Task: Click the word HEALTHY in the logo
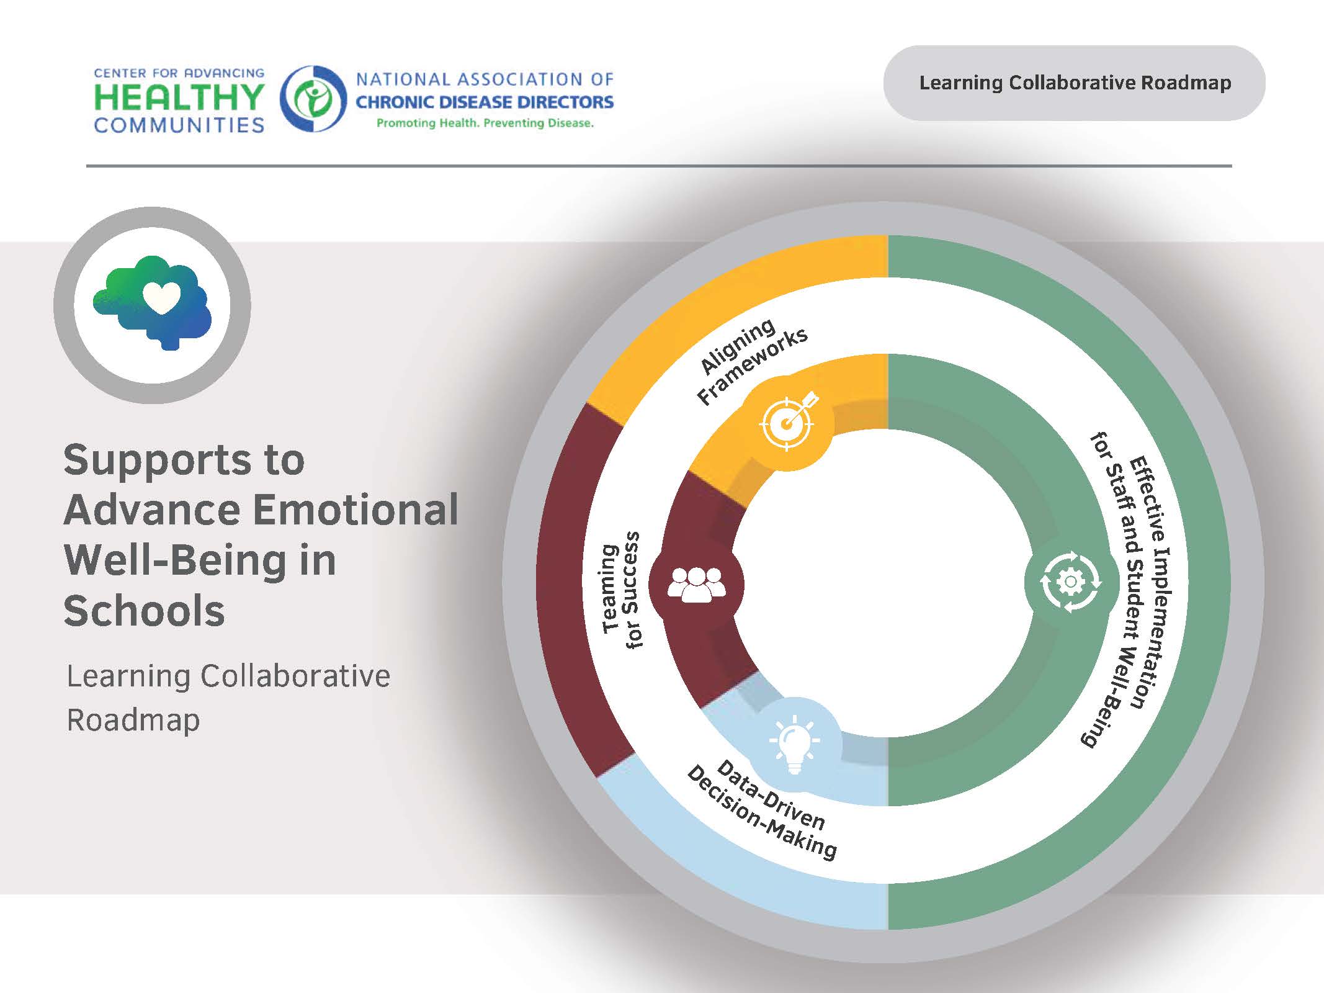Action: click(x=179, y=97)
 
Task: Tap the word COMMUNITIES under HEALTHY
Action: click(x=179, y=125)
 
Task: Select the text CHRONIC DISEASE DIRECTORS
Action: click(x=484, y=102)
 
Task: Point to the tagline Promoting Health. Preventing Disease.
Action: click(x=485, y=123)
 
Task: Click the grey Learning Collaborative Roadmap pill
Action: click(x=1074, y=83)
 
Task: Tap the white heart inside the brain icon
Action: click(x=161, y=297)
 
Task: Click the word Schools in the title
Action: click(x=144, y=611)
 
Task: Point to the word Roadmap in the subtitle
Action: click(x=133, y=720)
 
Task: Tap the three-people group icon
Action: click(x=696, y=584)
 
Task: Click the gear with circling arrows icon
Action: click(x=1070, y=582)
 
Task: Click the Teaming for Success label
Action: click(x=620, y=590)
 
